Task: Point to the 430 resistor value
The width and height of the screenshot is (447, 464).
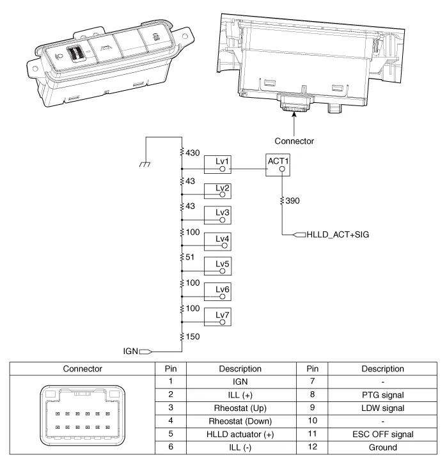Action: click(193, 153)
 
